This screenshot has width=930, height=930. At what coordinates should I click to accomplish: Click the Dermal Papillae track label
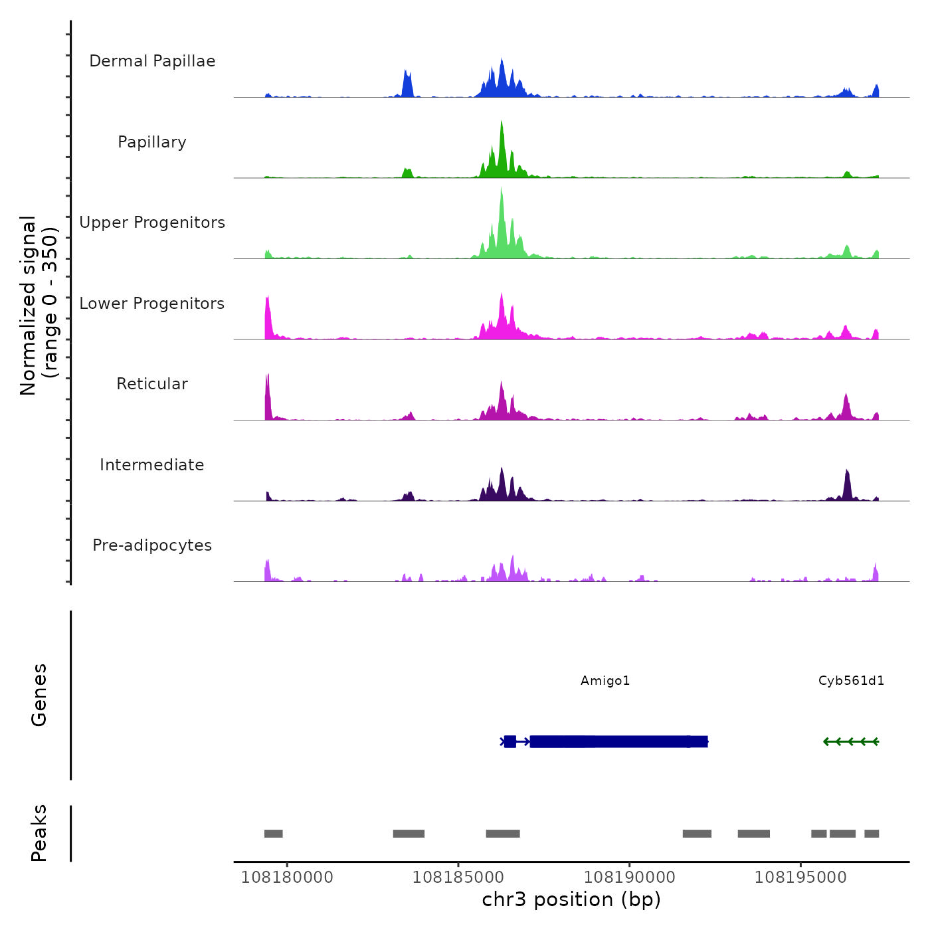pos(152,61)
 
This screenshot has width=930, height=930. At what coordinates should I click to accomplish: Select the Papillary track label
pos(152,142)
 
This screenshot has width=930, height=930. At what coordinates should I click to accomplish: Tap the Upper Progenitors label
pos(152,223)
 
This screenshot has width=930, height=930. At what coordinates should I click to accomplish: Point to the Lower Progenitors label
pos(152,304)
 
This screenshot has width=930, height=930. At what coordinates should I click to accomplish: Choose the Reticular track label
pos(152,384)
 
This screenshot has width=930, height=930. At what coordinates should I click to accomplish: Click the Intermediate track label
pos(152,465)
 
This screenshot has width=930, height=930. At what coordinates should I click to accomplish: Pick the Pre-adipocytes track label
pos(152,545)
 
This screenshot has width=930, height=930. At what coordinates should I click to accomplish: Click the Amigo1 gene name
pos(605,681)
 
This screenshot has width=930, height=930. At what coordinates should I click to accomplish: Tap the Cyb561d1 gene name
pos(851,681)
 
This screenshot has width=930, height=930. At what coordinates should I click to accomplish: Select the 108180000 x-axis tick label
pos(287,878)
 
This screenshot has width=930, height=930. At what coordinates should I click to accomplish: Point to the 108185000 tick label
pos(458,878)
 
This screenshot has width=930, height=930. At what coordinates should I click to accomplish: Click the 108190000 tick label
pos(629,878)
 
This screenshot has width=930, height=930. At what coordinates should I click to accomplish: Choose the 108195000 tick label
pos(800,878)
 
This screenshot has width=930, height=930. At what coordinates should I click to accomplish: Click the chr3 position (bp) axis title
pos(571,899)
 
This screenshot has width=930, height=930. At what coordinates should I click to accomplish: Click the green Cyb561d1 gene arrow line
pos(851,741)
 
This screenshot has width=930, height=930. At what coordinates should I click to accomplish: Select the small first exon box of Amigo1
pos(510,741)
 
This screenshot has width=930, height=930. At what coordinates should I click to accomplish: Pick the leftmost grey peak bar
pos(273,834)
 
